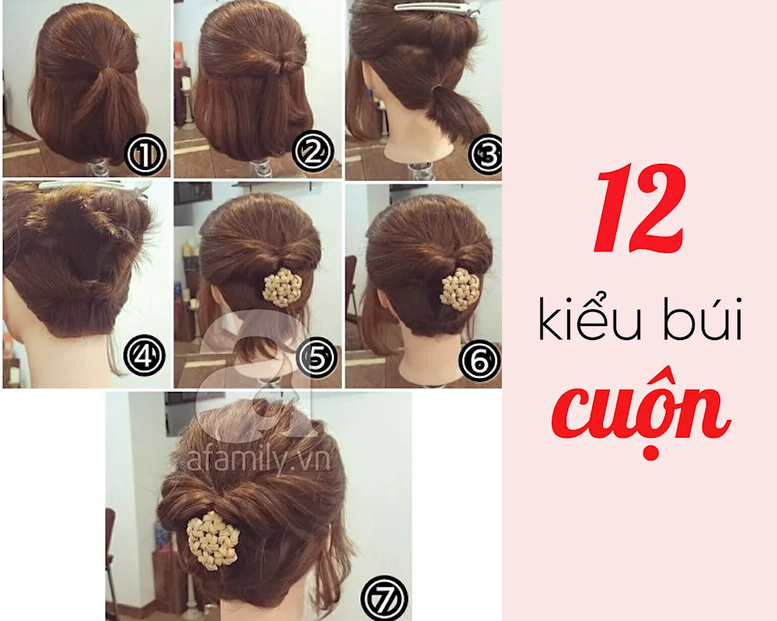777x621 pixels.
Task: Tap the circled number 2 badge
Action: pyautogui.click(x=312, y=151)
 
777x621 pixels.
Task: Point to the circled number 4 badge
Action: pyautogui.click(x=144, y=355)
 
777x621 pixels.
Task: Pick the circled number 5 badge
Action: pyautogui.click(x=317, y=356)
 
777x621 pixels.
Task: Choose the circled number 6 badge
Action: pyautogui.click(x=479, y=362)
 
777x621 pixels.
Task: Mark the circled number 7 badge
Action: pyautogui.click(x=384, y=597)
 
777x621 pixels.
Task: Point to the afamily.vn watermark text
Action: pyautogui.click(x=259, y=460)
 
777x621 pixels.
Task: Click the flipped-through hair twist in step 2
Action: pyautogui.click(x=285, y=64)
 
